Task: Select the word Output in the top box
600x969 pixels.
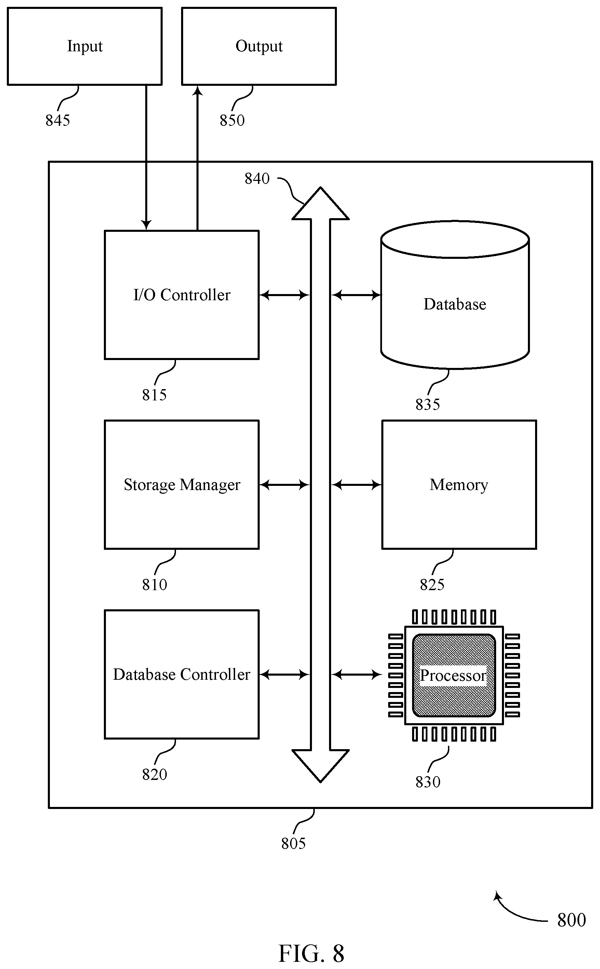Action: pos(259,47)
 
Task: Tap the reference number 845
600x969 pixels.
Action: pos(57,120)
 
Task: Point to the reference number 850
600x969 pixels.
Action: pos(232,120)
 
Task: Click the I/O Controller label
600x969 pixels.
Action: pos(182,295)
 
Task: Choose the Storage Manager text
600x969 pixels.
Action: pos(182,485)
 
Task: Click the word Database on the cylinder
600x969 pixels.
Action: pos(455,304)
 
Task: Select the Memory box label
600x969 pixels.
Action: pos(459,485)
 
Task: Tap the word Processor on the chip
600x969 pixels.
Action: pos(453,675)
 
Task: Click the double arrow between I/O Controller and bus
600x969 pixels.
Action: pos(284,295)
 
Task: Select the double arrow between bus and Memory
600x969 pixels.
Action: pos(356,485)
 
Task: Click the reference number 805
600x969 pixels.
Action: pos(293,844)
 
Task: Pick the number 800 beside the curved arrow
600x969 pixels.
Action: pos(571,920)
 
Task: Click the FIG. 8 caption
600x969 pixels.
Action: pos(311,954)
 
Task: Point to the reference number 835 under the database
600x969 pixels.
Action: pos(428,404)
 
